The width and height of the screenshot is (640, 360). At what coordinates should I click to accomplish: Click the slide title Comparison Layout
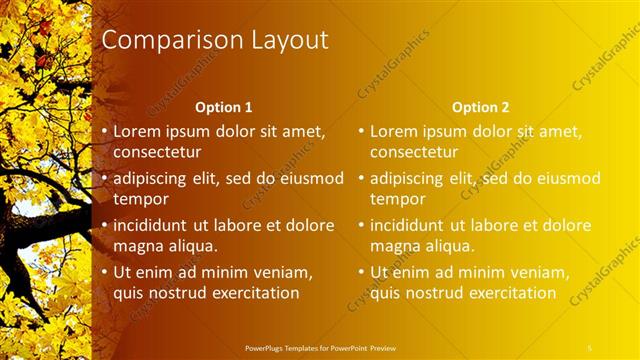[215, 41]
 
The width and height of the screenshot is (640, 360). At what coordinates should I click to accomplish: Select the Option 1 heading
[223, 107]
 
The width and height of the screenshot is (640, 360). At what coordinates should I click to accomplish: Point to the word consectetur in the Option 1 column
[157, 152]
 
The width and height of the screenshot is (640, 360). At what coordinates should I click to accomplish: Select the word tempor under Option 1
[141, 199]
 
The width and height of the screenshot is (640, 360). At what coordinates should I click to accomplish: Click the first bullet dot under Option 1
[103, 132]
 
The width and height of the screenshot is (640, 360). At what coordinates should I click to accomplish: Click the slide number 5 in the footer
[590, 346]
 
